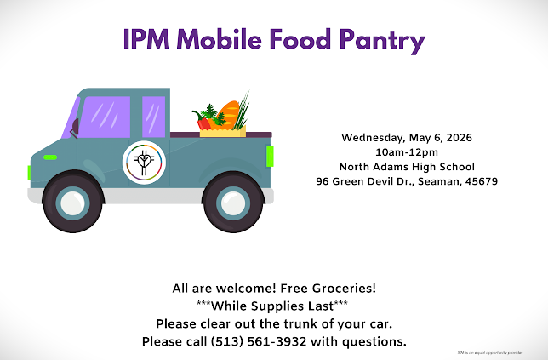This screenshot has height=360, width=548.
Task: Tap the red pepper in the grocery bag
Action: point(204,123)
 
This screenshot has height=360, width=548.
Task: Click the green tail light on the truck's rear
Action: point(270,157)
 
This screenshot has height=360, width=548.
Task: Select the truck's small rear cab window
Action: point(153,116)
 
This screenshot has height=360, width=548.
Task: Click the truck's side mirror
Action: point(75,129)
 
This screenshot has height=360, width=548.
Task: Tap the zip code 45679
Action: point(480,181)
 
